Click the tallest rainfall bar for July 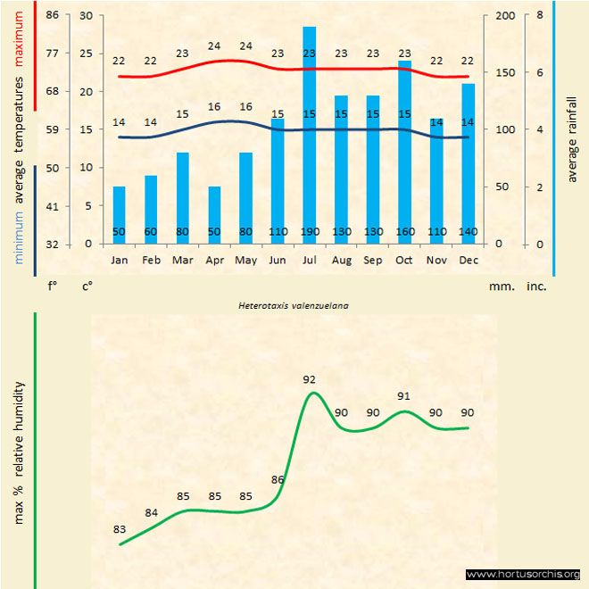click(310, 134)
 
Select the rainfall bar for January click(119, 214)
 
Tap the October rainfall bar click(405, 152)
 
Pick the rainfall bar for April click(214, 214)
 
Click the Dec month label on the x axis click(468, 261)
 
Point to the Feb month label click(151, 261)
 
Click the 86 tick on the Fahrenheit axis click(53, 15)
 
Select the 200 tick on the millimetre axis click(504, 15)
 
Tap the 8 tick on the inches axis click(539, 15)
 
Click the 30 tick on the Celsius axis click(86, 15)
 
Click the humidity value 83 click(120, 529)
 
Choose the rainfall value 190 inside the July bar click(309, 232)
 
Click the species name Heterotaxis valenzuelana click(294, 304)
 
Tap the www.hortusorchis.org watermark click(523, 574)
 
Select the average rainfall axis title click(572, 137)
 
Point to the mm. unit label click(501, 287)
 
